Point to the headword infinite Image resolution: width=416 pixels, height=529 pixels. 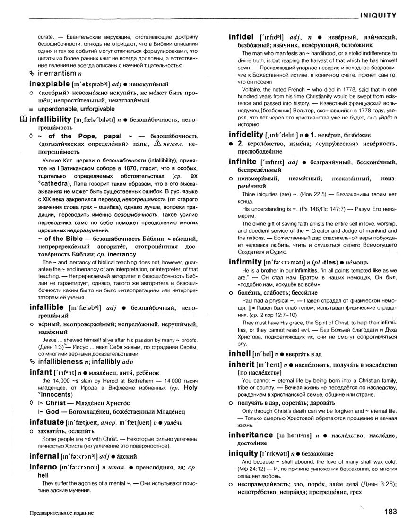coord(243,162)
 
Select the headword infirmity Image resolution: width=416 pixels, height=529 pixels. coord(246,261)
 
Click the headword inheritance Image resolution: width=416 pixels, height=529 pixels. coord(251,434)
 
